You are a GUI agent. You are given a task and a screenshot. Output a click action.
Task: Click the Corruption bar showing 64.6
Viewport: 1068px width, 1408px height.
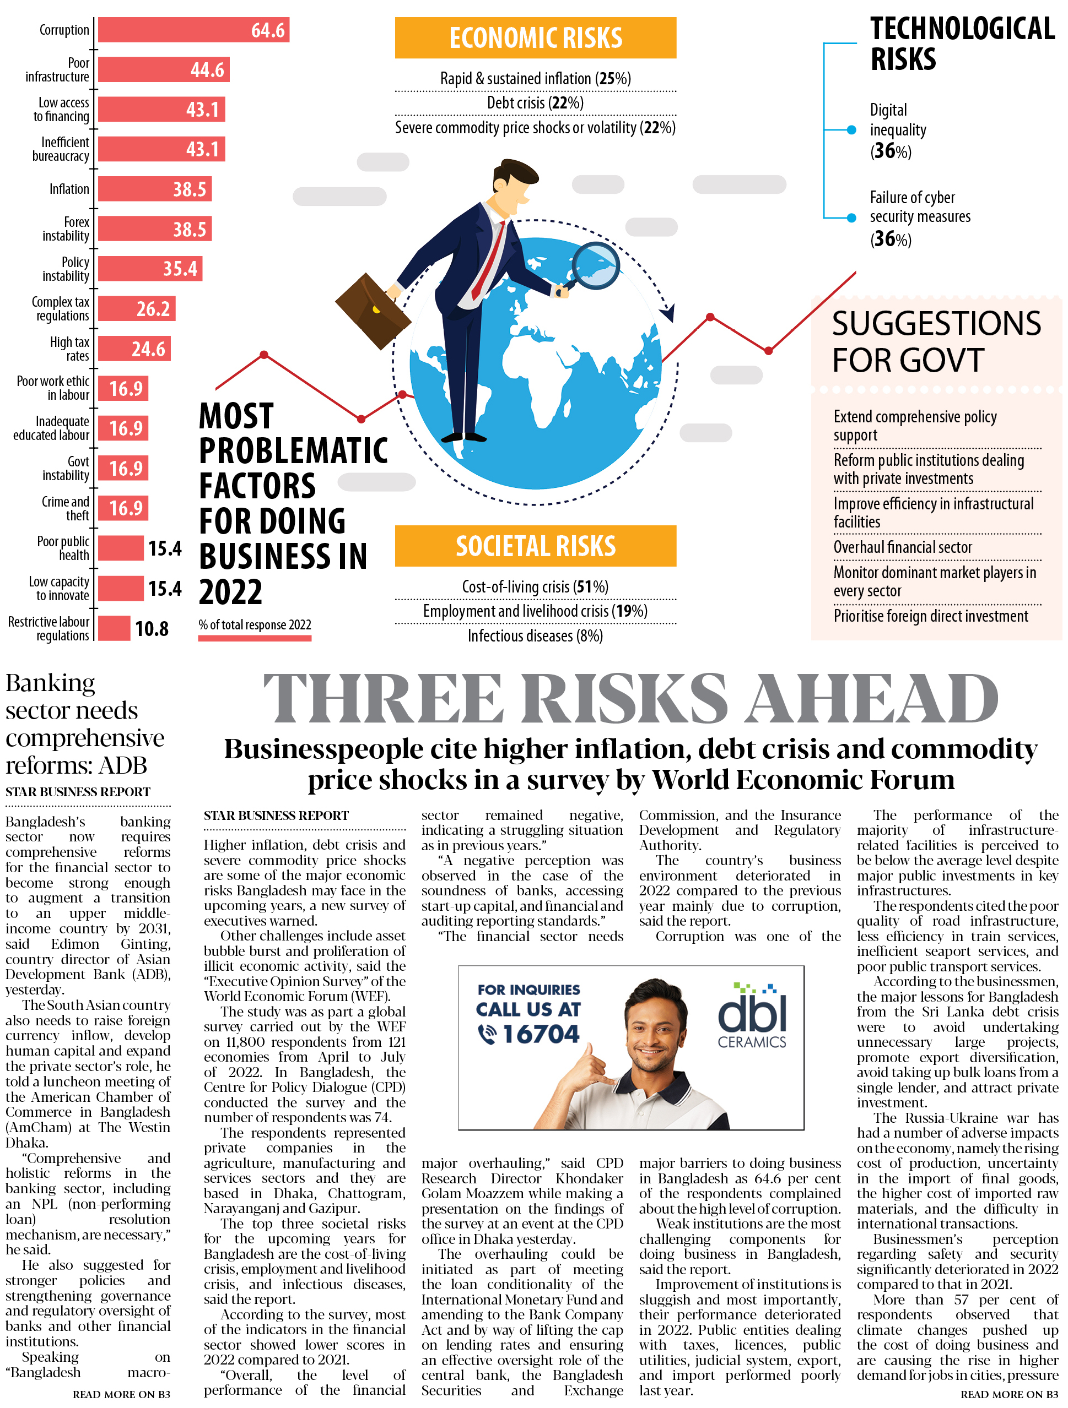pos(193,30)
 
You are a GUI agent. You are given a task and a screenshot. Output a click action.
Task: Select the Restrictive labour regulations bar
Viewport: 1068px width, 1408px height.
pos(114,628)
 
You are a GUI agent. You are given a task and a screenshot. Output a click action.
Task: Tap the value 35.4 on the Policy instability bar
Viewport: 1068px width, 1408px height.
pos(180,269)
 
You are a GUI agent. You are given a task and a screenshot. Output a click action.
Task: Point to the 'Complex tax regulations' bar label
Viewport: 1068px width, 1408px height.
pos(61,309)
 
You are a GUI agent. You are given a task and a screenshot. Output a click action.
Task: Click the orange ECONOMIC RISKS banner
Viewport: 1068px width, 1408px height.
pos(535,37)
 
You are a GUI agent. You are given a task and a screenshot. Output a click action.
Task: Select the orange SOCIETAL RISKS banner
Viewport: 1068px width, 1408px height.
pos(535,546)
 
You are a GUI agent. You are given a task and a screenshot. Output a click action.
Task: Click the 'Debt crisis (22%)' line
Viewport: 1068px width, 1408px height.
pos(535,103)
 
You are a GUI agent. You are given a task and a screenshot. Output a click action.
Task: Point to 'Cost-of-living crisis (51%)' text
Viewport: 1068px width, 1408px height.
pos(535,586)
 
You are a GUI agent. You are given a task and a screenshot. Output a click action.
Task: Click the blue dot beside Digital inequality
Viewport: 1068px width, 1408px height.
pos(851,130)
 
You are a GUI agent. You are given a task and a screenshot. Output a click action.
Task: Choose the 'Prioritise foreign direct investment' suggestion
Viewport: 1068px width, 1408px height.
pos(930,616)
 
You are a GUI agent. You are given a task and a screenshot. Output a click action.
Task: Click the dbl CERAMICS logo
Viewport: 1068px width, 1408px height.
pos(752,1016)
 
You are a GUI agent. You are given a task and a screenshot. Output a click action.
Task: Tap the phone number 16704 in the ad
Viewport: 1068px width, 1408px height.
pos(540,1034)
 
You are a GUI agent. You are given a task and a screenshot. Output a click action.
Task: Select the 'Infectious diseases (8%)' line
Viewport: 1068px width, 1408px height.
pos(535,635)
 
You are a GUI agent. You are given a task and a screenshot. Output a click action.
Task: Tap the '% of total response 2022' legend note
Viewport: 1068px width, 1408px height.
pos(254,624)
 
